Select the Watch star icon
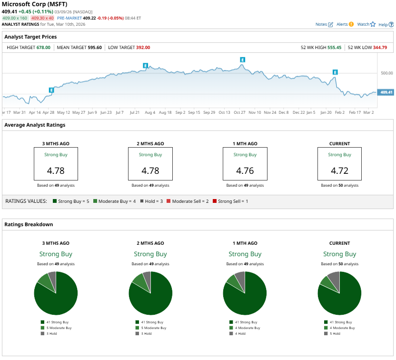click(x=373, y=24)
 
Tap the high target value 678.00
click(x=43, y=48)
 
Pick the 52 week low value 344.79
click(x=380, y=48)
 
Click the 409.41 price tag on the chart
click(x=386, y=92)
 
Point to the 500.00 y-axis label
click(x=386, y=73)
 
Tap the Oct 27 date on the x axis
click(x=239, y=112)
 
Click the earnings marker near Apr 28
click(x=51, y=90)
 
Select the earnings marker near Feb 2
click(x=335, y=72)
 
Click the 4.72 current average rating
click(x=340, y=170)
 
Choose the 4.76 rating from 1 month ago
click(x=245, y=170)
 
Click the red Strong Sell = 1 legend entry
click(x=230, y=201)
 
